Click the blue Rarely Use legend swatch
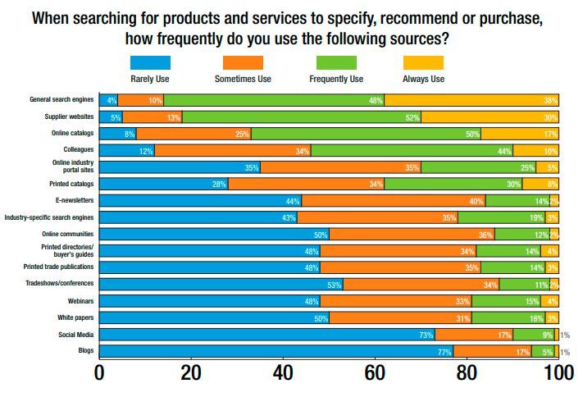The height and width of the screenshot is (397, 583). (151, 62)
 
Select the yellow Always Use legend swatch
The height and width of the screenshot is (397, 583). (424, 62)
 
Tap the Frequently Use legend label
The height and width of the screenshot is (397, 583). (336, 80)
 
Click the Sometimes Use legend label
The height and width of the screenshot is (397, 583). (243, 80)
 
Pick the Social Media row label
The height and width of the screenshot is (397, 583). (75, 334)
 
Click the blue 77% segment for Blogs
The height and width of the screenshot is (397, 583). (276, 350)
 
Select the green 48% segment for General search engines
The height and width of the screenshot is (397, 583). (274, 100)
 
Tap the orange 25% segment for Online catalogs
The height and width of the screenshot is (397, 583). (194, 133)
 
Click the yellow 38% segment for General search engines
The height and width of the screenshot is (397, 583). (471, 100)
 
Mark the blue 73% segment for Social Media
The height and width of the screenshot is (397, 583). (267, 334)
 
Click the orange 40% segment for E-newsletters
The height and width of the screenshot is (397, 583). (394, 200)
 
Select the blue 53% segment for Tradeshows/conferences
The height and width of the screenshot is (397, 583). (221, 284)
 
